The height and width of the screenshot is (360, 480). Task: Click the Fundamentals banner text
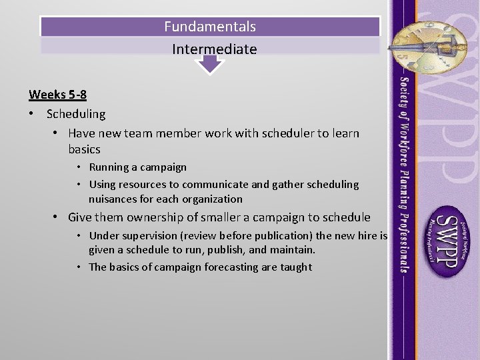(210, 27)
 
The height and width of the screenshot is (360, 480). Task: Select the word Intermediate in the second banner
(214, 49)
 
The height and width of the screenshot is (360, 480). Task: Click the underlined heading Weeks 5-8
(57, 95)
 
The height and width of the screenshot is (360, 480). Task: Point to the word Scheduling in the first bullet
(76, 114)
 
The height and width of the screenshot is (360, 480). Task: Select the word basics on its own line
(84, 149)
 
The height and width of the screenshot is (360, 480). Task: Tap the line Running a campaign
(137, 167)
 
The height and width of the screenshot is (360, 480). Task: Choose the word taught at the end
(297, 267)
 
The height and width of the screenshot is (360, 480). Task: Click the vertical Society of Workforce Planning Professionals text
(404, 173)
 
